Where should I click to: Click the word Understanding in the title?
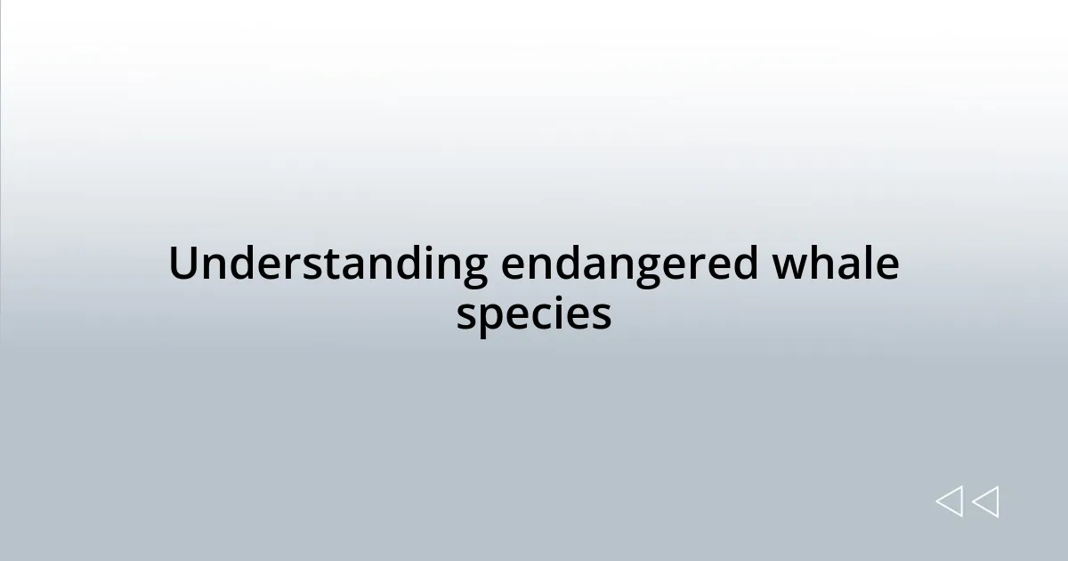pyautogui.click(x=328, y=264)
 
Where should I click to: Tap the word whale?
pyautogui.click(x=835, y=264)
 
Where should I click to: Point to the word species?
pyautogui.click(x=534, y=314)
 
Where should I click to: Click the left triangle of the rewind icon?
pyautogui.click(x=949, y=501)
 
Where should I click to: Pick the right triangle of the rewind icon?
pyautogui.click(x=985, y=501)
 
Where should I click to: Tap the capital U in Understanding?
pyautogui.click(x=182, y=264)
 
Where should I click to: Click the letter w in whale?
pyautogui.click(x=788, y=266)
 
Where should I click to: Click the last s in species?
pyautogui.click(x=602, y=316)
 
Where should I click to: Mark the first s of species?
pyautogui.click(x=466, y=316)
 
